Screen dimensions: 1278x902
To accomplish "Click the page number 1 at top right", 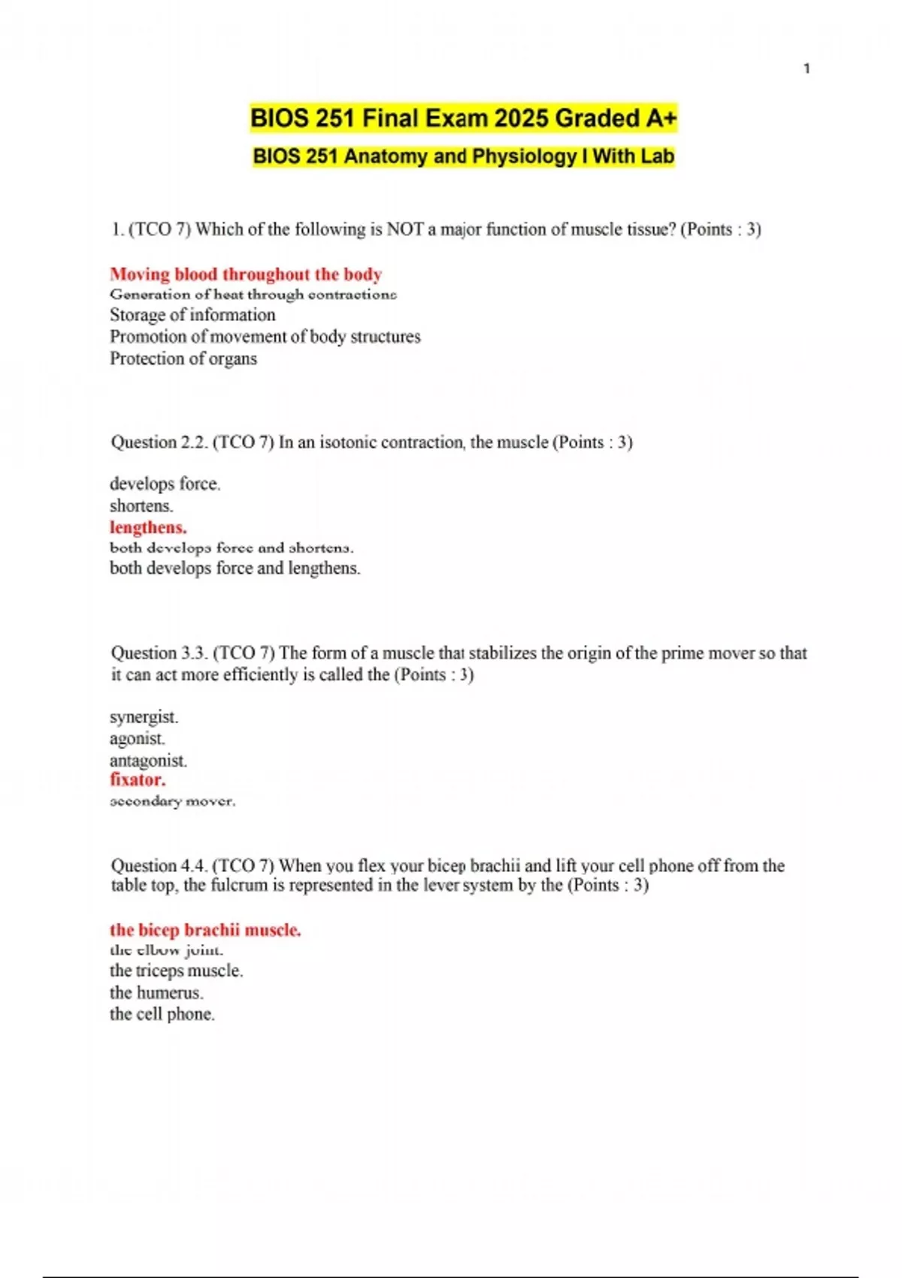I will point(807,68).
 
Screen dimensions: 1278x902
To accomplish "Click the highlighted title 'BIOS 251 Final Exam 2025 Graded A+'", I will point(463,119).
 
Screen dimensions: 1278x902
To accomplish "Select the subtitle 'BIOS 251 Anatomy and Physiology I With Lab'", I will point(463,156).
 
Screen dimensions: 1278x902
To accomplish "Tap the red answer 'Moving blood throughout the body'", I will point(246,274).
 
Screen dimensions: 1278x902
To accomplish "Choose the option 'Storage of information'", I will point(192,314).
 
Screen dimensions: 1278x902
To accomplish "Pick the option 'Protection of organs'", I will point(183,359).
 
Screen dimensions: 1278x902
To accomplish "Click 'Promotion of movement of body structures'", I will point(265,336).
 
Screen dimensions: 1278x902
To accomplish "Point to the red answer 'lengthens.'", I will point(148,527).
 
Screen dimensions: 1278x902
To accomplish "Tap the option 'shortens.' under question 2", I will point(141,505).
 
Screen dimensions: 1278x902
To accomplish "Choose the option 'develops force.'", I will point(165,483).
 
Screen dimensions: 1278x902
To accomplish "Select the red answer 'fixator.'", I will point(138,780).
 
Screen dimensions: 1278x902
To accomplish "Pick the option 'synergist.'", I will point(144,716).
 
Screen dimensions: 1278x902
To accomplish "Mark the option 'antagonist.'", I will point(148,760).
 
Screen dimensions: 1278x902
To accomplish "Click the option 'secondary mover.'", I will point(172,801).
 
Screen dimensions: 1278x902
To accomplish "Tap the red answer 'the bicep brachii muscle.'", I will point(205,930).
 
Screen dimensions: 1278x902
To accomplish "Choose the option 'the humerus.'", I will point(156,992).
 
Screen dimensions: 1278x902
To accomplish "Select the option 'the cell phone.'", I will point(162,1014).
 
